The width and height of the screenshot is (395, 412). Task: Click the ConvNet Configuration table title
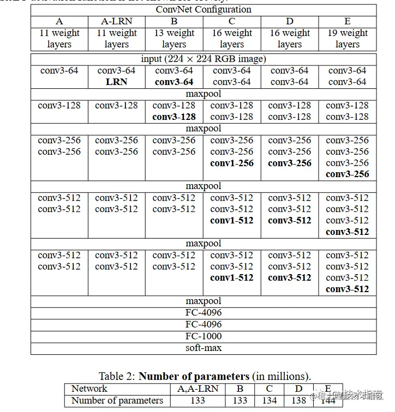click(203, 9)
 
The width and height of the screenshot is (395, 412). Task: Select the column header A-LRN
click(116, 22)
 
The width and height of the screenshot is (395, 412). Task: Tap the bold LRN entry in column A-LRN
click(116, 82)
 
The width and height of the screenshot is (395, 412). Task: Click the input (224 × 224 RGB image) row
click(203, 59)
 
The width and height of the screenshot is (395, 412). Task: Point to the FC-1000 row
click(203, 336)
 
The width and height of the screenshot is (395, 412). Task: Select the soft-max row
click(203, 348)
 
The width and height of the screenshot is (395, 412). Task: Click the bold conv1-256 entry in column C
click(232, 163)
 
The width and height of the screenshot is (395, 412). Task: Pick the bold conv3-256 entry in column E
click(348, 174)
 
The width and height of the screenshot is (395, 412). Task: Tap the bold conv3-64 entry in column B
click(174, 82)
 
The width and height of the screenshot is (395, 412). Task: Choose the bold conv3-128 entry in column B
click(174, 117)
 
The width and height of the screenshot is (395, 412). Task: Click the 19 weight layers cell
click(348, 38)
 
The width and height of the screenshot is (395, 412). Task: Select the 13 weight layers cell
click(174, 38)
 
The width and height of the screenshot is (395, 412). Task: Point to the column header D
click(290, 22)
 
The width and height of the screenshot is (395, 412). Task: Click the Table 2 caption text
click(205, 376)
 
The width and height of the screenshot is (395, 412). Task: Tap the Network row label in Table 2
click(89, 389)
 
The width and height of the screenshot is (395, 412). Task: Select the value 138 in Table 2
click(299, 401)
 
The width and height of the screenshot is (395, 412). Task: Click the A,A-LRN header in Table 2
click(197, 389)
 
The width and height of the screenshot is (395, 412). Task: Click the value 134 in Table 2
click(270, 401)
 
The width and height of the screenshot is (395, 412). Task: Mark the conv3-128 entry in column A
click(59, 105)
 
